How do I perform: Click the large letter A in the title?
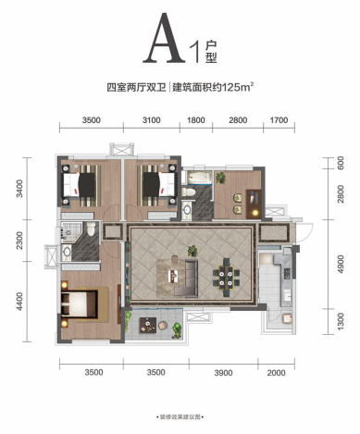164,38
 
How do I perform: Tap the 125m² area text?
240,87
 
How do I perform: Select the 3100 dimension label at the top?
152,120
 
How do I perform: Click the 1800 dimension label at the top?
196,120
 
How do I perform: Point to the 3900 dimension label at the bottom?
223,373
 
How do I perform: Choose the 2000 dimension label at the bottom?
276,373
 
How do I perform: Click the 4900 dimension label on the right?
341,264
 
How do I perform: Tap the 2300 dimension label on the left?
19,241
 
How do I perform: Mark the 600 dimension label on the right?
341,163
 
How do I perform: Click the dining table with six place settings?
227,277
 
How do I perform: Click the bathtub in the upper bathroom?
200,178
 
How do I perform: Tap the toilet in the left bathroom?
92,229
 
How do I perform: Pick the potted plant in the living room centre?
192,251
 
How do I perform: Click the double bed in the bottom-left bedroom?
80,304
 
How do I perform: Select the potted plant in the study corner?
221,178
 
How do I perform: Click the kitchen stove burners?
287,274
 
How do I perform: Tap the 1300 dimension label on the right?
341,321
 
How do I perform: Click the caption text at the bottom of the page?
180,417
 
